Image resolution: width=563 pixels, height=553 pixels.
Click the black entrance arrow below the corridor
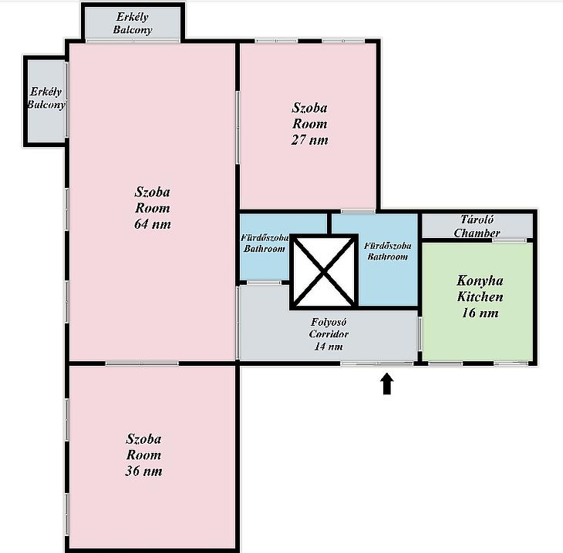coord(386,384)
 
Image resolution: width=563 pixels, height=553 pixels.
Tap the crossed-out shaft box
coord(324,271)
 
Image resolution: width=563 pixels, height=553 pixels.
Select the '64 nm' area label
coord(152,224)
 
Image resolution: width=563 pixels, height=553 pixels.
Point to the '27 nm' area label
coord(309,139)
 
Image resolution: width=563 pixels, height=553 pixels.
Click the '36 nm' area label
coord(143,471)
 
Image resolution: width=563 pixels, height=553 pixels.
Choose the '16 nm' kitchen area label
coord(480,313)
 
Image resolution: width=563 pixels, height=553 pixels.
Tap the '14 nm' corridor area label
coord(329,346)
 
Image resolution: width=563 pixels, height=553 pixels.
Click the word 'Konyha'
coord(480,280)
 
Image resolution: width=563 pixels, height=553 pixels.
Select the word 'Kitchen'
coord(480,297)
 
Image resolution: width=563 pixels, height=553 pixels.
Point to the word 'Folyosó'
coord(329,322)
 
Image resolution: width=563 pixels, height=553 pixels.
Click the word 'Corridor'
coord(329,334)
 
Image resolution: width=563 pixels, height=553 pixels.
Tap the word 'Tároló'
coord(477,220)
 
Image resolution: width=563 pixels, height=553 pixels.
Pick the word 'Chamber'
coord(477,233)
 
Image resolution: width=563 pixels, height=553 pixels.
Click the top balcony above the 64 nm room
coord(133,22)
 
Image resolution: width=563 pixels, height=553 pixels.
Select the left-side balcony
coord(46,101)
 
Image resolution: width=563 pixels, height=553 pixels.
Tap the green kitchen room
coord(477,302)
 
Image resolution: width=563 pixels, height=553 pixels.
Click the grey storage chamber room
coord(477,226)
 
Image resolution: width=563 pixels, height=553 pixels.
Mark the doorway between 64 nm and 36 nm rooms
coord(142,364)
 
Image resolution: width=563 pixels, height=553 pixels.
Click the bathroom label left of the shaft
coord(265,243)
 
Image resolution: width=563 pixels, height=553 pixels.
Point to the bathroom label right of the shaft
coord(388,251)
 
